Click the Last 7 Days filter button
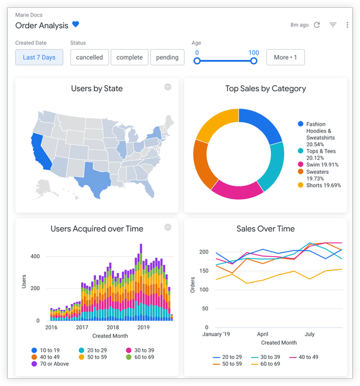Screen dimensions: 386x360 tap(39, 58)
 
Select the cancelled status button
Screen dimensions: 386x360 tap(89, 58)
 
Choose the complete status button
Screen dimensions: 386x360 tap(129, 58)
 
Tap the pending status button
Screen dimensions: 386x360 tap(167, 58)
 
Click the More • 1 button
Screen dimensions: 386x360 tap(285, 58)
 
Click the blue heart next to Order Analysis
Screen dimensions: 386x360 tap(76, 25)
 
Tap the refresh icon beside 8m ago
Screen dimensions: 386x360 tap(317, 25)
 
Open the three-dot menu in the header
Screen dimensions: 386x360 tap(347, 25)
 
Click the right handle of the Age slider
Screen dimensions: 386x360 tap(254, 61)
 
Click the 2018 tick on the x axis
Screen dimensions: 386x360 tap(112, 328)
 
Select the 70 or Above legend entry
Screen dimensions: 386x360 tap(51, 364)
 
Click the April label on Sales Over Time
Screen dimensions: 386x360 tap(262, 334)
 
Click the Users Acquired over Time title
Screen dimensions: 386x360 tap(97, 228)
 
